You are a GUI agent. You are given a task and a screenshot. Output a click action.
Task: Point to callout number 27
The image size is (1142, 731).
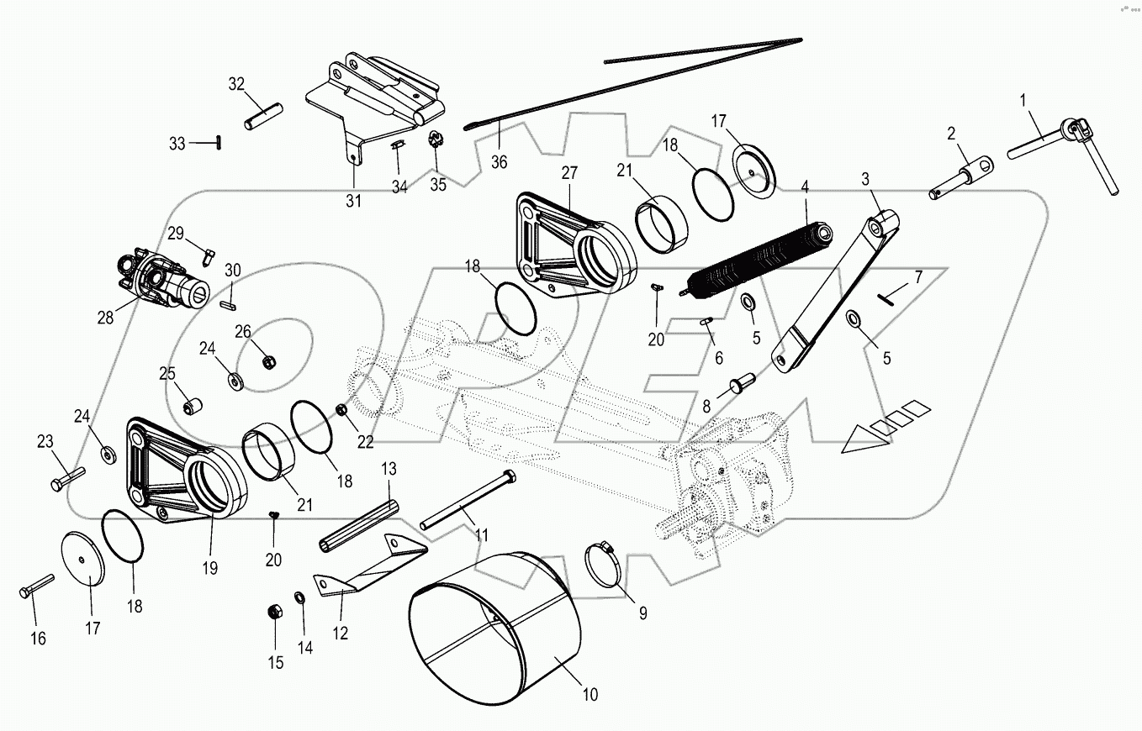(x=569, y=173)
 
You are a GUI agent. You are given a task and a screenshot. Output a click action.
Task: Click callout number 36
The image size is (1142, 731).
(x=500, y=163)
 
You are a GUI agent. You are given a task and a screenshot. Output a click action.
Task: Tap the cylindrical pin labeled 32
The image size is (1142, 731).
(x=264, y=116)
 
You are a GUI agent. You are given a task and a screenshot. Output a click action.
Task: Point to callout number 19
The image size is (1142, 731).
(x=209, y=569)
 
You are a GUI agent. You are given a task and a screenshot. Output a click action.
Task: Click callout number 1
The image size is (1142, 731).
(x=1023, y=101)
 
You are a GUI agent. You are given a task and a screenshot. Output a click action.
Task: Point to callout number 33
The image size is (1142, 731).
(x=177, y=144)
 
